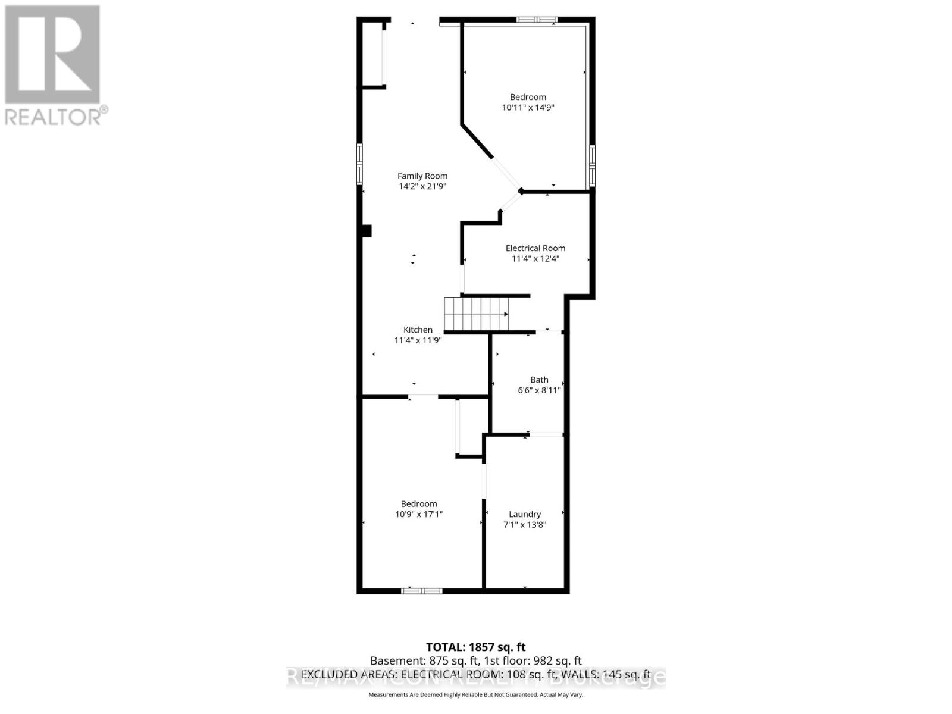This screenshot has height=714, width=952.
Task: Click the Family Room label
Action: coord(422,176)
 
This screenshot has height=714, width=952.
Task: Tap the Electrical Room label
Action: coord(535,248)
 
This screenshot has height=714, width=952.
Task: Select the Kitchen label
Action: coord(418,330)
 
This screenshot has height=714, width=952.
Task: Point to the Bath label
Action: coord(539,380)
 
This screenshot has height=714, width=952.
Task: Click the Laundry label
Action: coord(525,514)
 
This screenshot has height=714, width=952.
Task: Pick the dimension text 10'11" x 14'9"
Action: coord(528,108)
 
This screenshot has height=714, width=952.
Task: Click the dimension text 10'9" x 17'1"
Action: coord(419,514)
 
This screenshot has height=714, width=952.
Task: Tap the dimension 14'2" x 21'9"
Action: coord(422,186)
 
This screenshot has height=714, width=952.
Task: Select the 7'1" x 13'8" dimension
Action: coord(525,525)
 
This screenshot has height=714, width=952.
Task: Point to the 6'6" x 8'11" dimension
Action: coord(539,390)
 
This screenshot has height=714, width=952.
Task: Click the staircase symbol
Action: coord(477,314)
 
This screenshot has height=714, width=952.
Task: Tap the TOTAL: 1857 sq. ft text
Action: coord(476,647)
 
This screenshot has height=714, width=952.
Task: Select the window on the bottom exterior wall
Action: coord(421,591)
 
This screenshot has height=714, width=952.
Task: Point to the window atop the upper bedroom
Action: coord(536,20)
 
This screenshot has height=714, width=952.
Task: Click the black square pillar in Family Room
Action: coord(367,230)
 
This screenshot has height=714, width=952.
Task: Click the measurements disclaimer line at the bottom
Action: coord(476,694)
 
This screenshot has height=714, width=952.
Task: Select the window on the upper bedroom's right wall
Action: coord(592,165)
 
